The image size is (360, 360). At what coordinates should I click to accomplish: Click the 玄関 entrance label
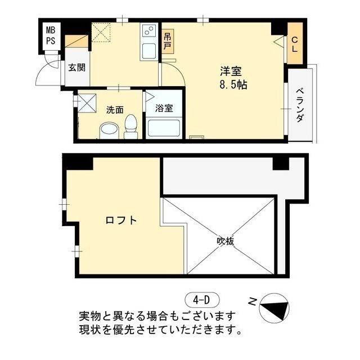tap(76, 68)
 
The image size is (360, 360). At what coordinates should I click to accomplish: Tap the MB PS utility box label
tap(51, 35)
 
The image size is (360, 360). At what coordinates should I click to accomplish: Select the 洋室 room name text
tap(231, 72)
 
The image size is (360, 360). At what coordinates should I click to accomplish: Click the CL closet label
tap(295, 44)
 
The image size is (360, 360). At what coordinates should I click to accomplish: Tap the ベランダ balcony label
tap(300, 105)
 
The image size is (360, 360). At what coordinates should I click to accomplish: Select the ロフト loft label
tap(121, 220)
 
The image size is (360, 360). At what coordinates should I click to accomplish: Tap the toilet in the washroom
tap(131, 127)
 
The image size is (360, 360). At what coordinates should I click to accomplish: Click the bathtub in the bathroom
tap(163, 129)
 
